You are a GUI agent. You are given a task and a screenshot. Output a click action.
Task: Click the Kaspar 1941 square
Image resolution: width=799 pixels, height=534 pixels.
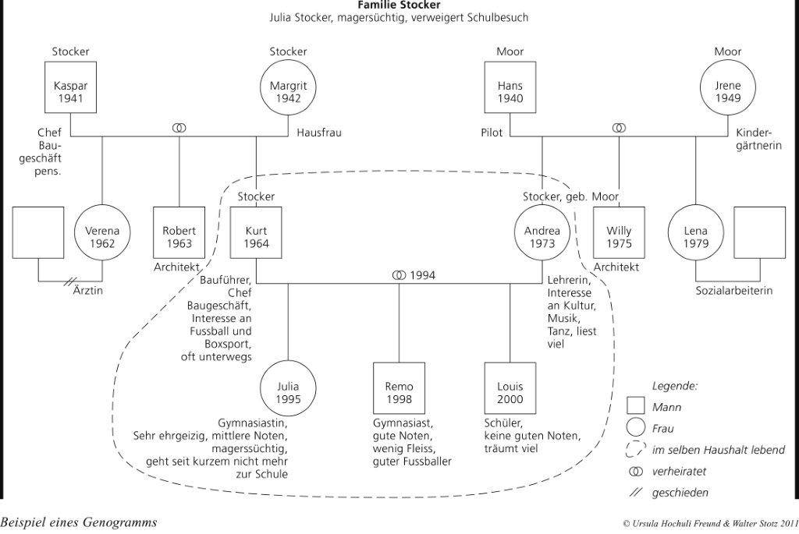[x=70, y=92]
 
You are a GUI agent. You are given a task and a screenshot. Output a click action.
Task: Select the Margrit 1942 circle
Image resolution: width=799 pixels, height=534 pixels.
[x=288, y=92]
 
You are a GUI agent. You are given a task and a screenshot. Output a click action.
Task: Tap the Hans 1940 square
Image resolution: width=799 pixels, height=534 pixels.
[x=510, y=92]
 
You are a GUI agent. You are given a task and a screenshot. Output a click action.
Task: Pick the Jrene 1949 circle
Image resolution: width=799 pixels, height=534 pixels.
[x=727, y=92]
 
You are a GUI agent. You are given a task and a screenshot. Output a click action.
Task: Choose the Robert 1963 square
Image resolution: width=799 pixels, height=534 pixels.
[x=179, y=237]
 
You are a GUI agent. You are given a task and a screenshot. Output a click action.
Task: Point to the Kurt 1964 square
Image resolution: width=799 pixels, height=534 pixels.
[x=257, y=237]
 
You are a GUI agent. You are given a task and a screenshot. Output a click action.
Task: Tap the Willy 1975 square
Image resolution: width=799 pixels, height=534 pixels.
[x=620, y=237]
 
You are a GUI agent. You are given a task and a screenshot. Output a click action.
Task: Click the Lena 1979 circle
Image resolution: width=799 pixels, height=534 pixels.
[x=696, y=237]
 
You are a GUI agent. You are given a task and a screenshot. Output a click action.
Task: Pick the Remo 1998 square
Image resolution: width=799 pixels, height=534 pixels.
[x=399, y=392]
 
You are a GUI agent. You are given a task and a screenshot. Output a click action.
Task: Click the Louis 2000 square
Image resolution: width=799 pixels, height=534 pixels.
[x=510, y=392]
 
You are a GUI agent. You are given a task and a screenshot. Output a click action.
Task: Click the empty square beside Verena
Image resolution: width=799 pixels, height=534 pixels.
[x=38, y=232]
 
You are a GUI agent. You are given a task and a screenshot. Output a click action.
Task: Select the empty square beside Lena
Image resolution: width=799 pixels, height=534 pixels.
[x=759, y=232]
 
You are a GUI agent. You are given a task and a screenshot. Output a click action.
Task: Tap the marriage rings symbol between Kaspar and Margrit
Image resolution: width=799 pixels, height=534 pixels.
[x=179, y=127]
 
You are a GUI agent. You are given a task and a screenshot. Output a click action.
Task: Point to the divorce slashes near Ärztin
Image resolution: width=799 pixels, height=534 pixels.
[x=73, y=282]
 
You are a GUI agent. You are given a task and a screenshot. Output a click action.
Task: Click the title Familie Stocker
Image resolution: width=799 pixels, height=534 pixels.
[x=399, y=5]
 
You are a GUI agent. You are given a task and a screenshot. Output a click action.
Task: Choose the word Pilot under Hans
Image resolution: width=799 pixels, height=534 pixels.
[x=492, y=133]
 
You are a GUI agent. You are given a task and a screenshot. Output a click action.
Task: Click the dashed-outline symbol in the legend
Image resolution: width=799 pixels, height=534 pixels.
[x=636, y=450]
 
